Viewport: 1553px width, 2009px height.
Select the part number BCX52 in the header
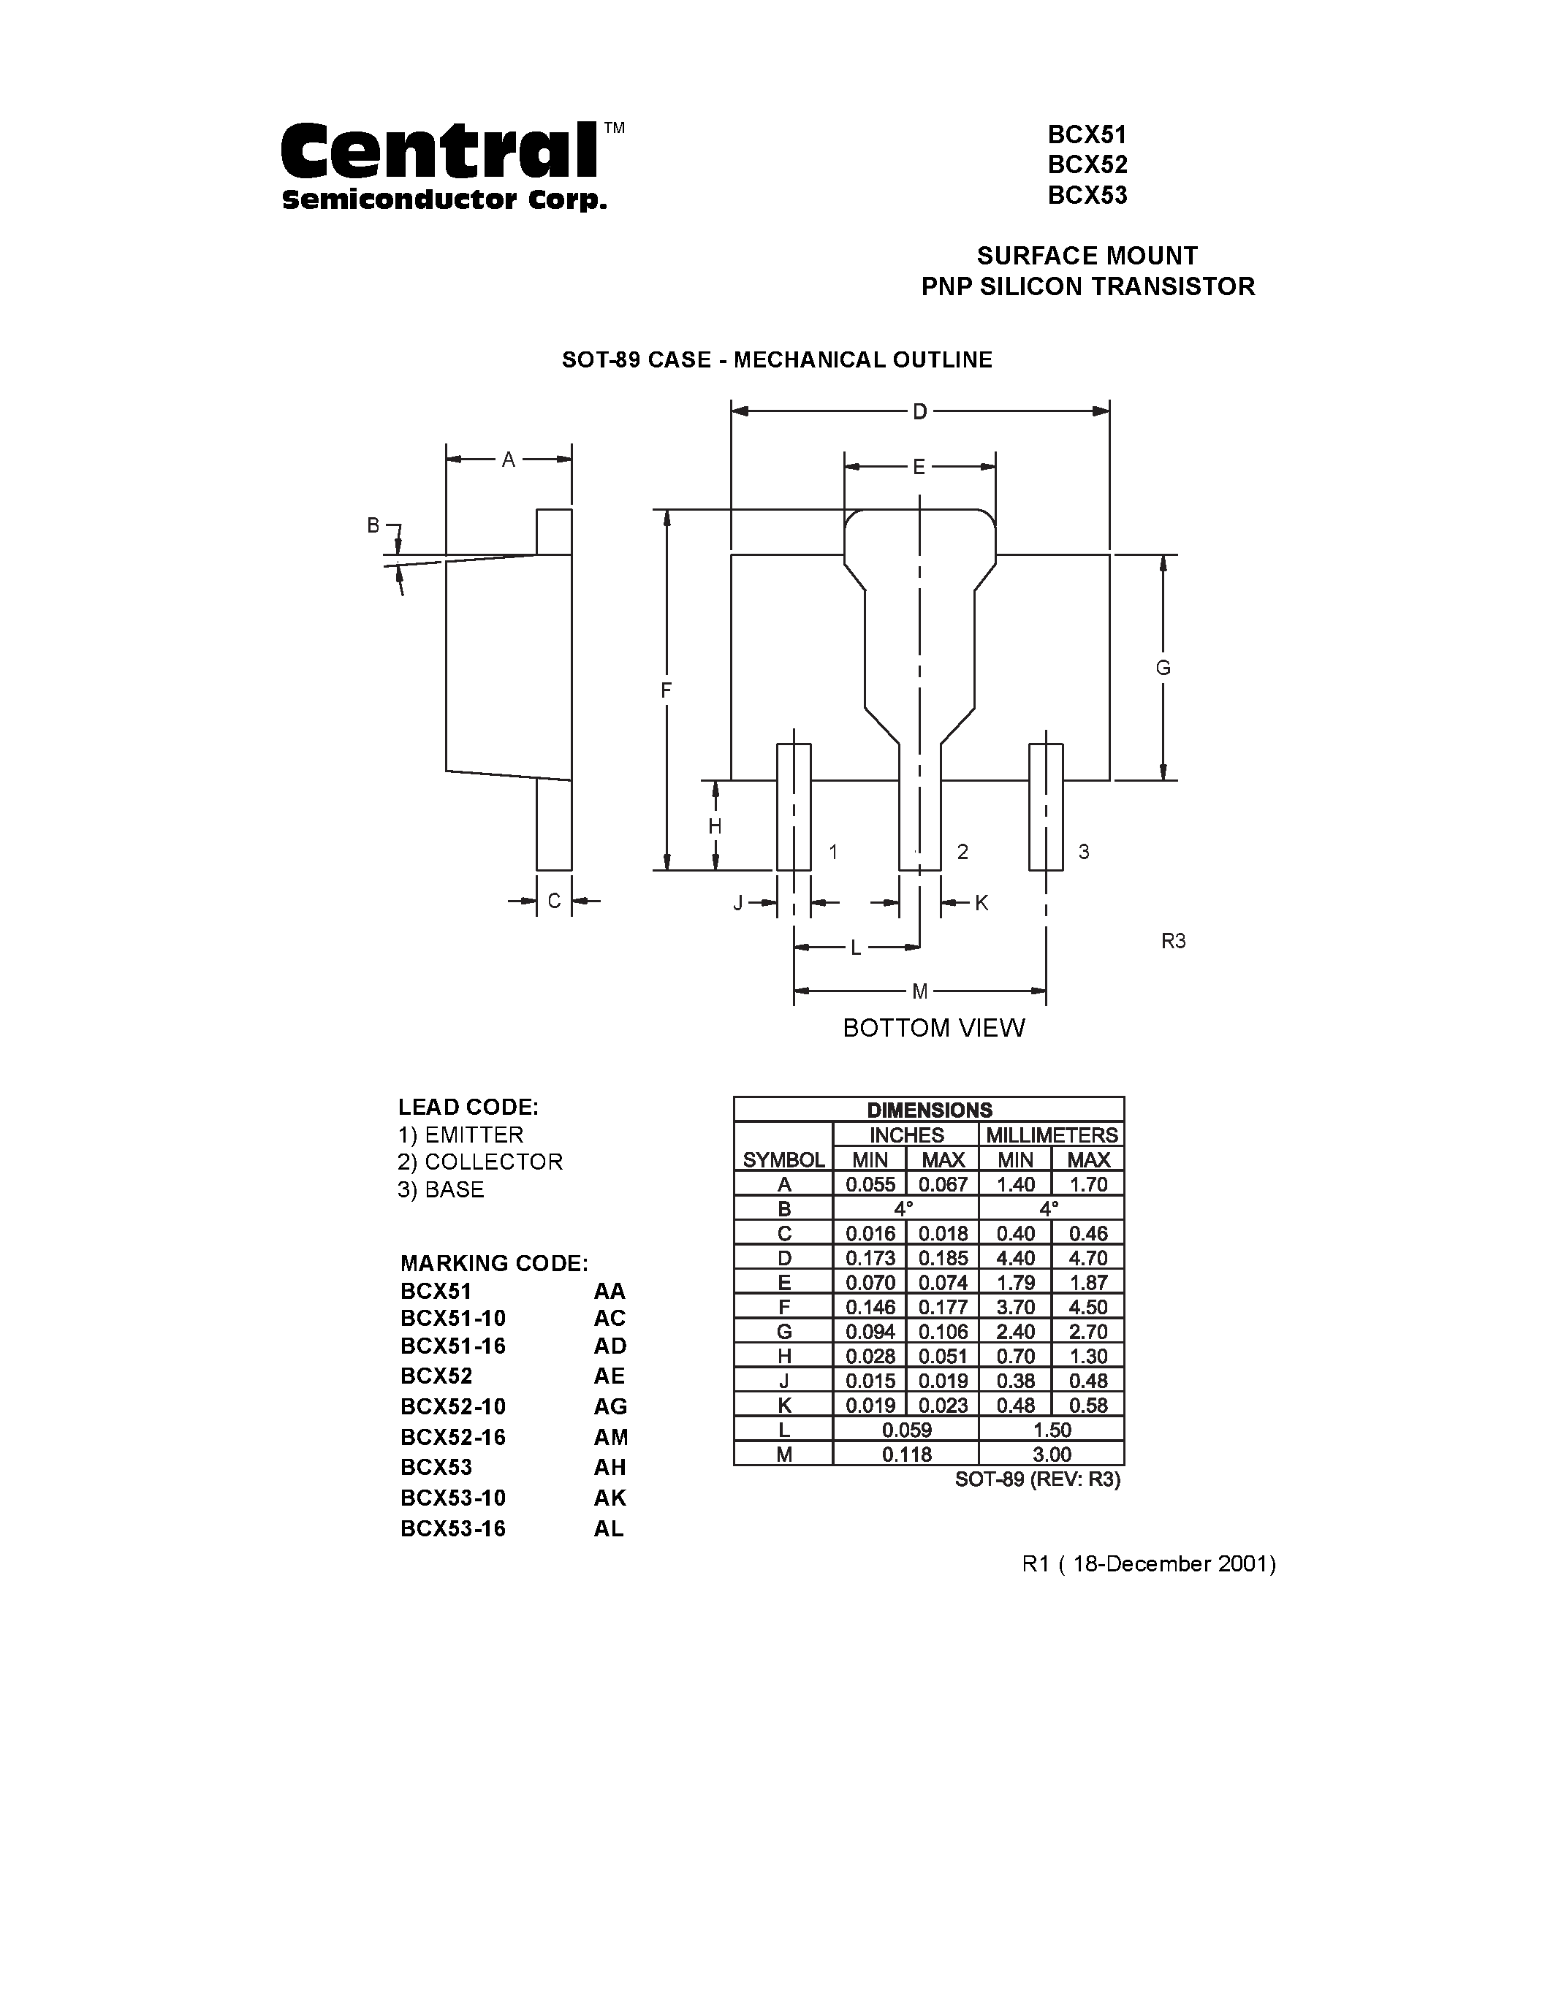pyautogui.click(x=1087, y=164)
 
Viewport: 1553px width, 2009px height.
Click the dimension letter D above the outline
pyautogui.click(x=919, y=412)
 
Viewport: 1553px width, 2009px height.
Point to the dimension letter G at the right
pyautogui.click(x=1163, y=668)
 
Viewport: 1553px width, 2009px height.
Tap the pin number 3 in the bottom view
pyautogui.click(x=1084, y=852)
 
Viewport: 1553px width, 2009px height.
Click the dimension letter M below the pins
pyautogui.click(x=919, y=991)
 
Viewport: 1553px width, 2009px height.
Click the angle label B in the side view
pyautogui.click(x=373, y=525)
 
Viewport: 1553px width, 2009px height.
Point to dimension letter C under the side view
pyautogui.click(x=554, y=901)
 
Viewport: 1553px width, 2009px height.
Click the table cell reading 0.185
pyautogui.click(x=943, y=1257)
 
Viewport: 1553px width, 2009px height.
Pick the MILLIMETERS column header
pyautogui.click(x=1052, y=1135)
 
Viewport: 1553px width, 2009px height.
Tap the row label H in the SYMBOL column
pyautogui.click(x=784, y=1356)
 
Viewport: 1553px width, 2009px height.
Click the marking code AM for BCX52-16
pyautogui.click(x=610, y=1437)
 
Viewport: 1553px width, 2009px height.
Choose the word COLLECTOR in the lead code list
pyautogui.click(x=493, y=1162)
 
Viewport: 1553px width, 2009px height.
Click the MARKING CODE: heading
pyautogui.click(x=494, y=1263)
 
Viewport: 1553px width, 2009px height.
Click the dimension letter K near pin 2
pyautogui.click(x=981, y=903)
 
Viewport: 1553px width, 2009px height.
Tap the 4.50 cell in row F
pyautogui.click(x=1088, y=1307)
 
